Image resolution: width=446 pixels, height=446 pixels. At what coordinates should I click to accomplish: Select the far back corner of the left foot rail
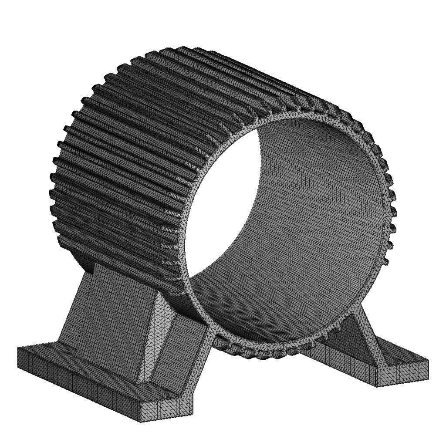point(20,348)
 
